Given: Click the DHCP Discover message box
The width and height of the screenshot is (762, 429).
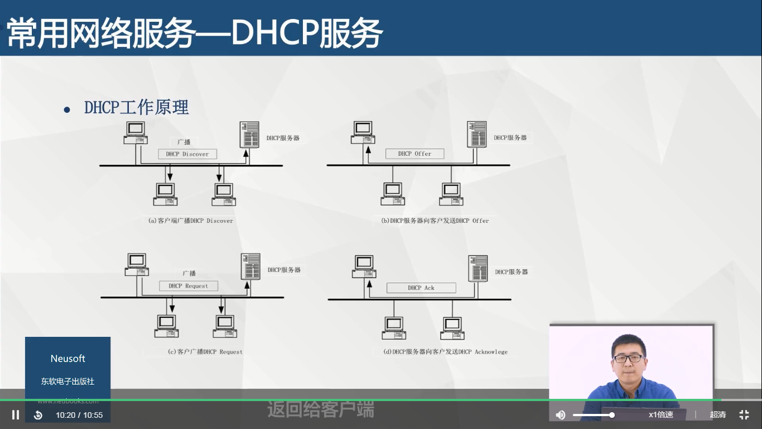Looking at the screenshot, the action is pyautogui.click(x=187, y=154).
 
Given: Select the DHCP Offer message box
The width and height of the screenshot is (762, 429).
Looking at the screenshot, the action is pyautogui.click(x=415, y=154).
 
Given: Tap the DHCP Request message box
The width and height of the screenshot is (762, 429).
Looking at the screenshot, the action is pyautogui.click(x=188, y=286).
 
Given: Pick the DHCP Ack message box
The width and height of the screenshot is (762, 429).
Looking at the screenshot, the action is pyautogui.click(x=421, y=288).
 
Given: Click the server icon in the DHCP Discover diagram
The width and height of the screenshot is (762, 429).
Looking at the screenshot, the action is pyautogui.click(x=249, y=135).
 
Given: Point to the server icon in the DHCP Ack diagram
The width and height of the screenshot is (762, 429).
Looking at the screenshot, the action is pyautogui.click(x=478, y=269).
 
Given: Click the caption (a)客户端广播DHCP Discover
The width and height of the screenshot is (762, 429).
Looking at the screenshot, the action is pyautogui.click(x=191, y=221).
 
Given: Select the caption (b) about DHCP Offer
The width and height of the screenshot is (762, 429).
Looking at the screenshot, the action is pyautogui.click(x=435, y=221).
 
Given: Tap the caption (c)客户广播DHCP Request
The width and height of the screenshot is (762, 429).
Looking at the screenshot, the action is pyautogui.click(x=205, y=352).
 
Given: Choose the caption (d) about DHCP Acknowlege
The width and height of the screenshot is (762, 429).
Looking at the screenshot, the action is pyautogui.click(x=445, y=352).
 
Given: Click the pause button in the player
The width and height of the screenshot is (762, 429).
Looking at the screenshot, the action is pyautogui.click(x=16, y=414).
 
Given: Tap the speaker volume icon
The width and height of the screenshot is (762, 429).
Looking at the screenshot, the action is pyautogui.click(x=561, y=414).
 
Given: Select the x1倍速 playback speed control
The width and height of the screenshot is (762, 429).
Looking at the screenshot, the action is pyautogui.click(x=660, y=414).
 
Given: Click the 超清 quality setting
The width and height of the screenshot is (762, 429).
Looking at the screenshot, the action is pyautogui.click(x=718, y=414).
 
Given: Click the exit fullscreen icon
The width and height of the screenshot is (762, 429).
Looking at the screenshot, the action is pyautogui.click(x=744, y=414).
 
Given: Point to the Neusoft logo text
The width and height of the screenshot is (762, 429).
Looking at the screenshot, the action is pyautogui.click(x=68, y=359).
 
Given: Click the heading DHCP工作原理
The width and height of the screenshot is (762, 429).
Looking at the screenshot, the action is pyautogui.click(x=137, y=107).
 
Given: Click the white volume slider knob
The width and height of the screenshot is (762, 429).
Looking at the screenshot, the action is pyautogui.click(x=612, y=414).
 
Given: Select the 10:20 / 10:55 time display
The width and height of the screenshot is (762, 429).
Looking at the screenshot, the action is pyautogui.click(x=79, y=415).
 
